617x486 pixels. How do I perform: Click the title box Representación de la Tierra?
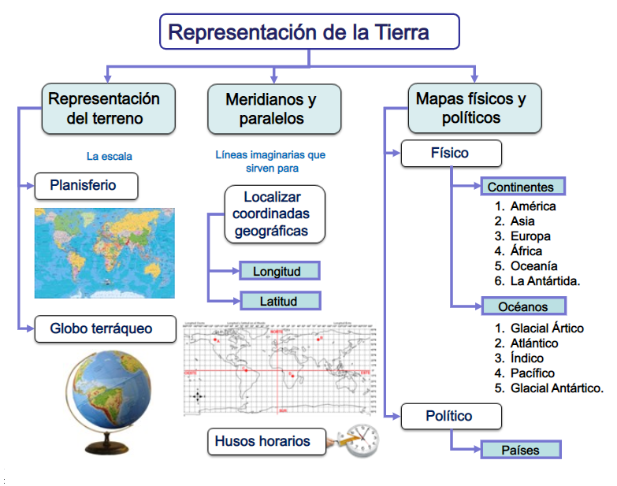(310, 33)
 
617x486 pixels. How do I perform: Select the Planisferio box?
(87, 186)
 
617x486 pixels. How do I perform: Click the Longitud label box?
(280, 272)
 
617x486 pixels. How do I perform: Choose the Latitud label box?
(280, 301)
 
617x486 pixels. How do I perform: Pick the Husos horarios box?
(268, 441)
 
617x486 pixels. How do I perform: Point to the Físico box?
(451, 153)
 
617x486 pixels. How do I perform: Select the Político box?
(451, 416)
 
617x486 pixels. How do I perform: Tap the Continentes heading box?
(520, 187)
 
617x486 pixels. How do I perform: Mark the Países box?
(520, 450)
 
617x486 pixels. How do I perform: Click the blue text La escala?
(110, 156)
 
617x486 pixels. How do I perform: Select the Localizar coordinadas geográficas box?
(273, 213)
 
